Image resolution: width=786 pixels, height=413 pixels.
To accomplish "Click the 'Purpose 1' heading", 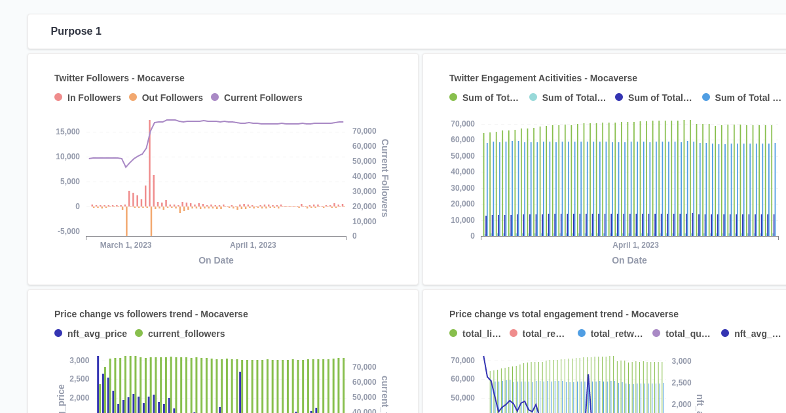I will coord(76,31).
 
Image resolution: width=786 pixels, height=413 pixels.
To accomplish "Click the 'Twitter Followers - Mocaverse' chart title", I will coord(119,78).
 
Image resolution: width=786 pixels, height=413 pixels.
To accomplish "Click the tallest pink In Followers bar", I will coord(149,164).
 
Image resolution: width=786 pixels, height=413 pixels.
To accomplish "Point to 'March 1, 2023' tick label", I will coord(126,245).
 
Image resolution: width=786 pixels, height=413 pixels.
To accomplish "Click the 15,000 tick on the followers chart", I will coord(68,132).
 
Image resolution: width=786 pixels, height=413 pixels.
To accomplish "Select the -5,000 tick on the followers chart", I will coord(69,231).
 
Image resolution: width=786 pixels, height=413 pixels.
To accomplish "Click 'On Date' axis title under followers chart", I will coord(216,260).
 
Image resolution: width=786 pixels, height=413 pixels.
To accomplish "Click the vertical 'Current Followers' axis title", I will coord(385,178).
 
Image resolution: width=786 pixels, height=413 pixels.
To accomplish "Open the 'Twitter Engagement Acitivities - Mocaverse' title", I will coord(543,78).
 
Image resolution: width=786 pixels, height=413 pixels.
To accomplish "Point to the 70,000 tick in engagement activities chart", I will coord(462,124).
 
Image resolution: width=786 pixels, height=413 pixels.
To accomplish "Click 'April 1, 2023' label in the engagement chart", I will coord(635,245).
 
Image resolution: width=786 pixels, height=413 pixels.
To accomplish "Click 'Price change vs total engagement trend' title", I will coord(563,314).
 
